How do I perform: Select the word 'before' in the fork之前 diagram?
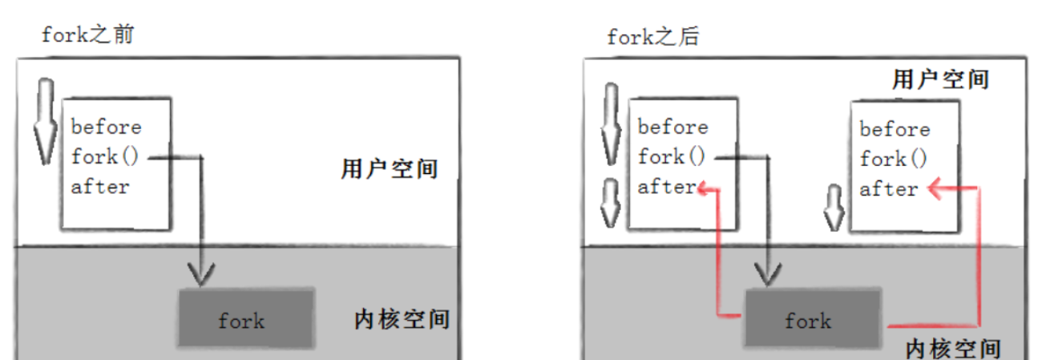(106, 127)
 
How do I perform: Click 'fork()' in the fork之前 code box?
(105, 156)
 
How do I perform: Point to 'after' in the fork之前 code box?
(100, 187)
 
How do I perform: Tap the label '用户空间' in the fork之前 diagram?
(388, 169)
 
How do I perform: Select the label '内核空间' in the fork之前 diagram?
(401, 319)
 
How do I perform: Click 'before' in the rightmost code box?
(895, 129)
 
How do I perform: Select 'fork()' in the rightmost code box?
(894, 159)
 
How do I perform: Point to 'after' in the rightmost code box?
(889, 189)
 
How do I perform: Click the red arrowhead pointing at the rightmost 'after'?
(934, 189)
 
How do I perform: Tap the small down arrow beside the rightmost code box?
(834, 205)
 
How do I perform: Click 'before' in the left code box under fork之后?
(672, 127)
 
